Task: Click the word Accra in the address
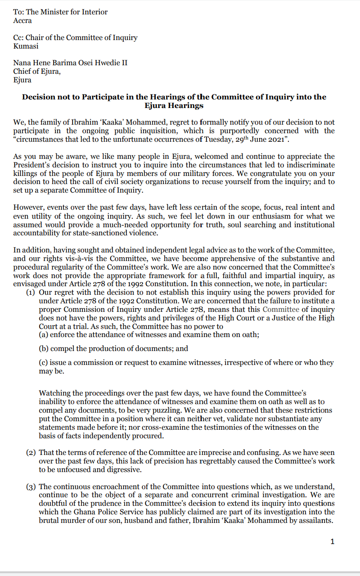pyautogui.click(x=22, y=21)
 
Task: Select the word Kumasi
pyautogui.click(x=26, y=46)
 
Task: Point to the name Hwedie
pyautogui.click(x=107, y=63)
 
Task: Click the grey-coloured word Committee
pyautogui.click(x=281, y=310)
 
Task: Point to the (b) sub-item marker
pyautogui.click(x=44, y=348)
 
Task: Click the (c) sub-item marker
pyautogui.click(x=44, y=363)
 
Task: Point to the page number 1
pyautogui.click(x=332, y=541)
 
